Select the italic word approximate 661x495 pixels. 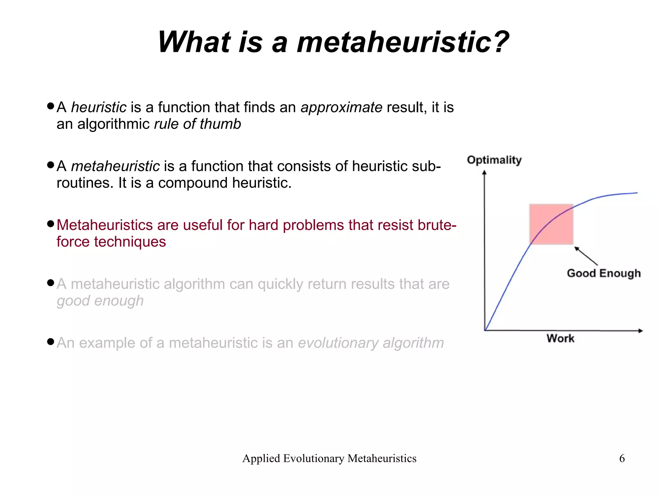click(341, 107)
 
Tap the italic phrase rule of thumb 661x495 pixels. click(197, 124)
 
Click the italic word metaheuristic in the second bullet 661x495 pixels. click(115, 166)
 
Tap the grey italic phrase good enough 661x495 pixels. click(100, 301)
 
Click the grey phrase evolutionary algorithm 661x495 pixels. click(371, 343)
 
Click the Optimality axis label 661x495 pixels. click(494, 160)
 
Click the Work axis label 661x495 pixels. click(560, 338)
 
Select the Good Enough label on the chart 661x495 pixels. click(604, 273)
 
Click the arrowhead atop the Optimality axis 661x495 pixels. click(484, 173)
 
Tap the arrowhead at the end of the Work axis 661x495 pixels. click(640, 331)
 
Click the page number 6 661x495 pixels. click(622, 458)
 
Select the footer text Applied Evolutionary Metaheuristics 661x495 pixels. click(329, 458)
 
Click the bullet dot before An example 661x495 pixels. click(50, 342)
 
